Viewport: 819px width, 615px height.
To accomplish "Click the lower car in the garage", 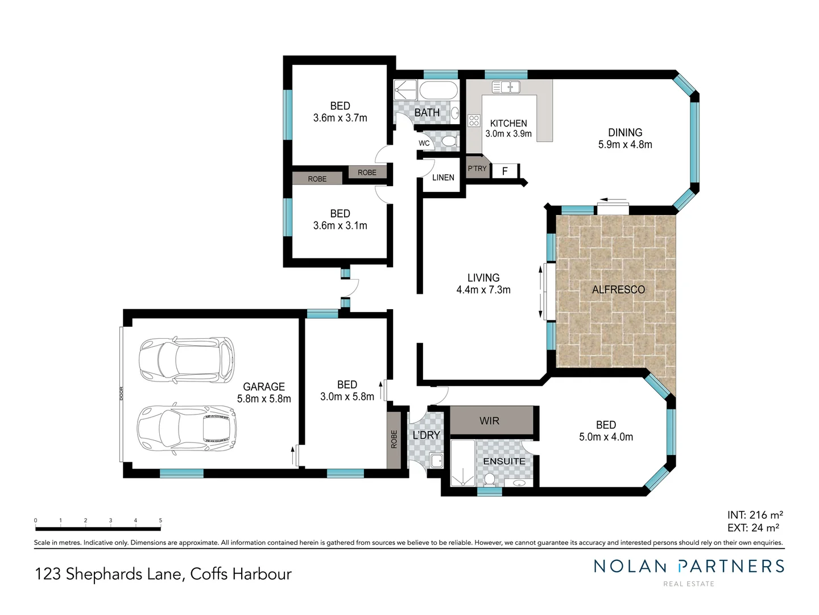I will [x=187, y=428].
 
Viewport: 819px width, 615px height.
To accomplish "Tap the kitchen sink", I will [x=506, y=87].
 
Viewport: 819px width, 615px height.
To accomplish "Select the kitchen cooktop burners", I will [x=474, y=120].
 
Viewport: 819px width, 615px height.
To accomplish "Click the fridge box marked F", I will [x=504, y=171].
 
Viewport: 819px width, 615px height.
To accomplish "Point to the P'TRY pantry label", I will [x=477, y=169].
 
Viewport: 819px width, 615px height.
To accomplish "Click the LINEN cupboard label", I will [x=443, y=178].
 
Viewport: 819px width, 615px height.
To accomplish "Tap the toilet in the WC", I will [x=450, y=141].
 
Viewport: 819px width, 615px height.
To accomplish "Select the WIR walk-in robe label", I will [x=489, y=421].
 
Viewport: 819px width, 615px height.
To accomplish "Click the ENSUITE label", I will [x=504, y=461].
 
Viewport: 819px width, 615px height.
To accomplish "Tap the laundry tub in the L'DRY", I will [x=437, y=460].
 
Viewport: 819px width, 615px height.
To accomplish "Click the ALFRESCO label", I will [x=618, y=289].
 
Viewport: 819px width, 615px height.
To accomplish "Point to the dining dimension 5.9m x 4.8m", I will [x=625, y=145].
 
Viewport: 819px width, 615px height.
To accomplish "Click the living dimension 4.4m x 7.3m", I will [x=483, y=290].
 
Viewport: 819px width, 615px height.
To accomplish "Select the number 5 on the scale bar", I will [x=160, y=520].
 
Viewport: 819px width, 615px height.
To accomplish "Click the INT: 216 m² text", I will [x=755, y=515].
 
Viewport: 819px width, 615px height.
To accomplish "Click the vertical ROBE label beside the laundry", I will [x=394, y=439].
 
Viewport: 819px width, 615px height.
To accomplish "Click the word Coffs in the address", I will [x=208, y=574].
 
